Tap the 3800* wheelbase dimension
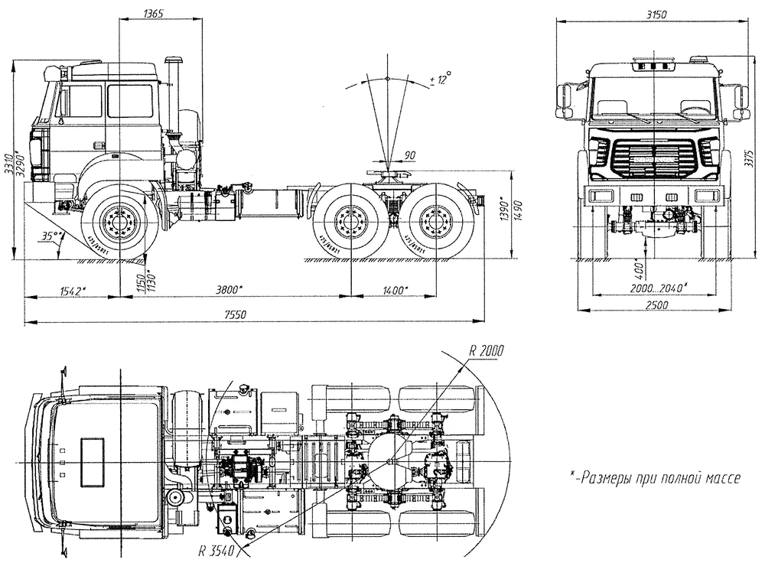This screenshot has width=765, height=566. (229, 289)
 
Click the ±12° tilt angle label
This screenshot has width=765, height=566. (441, 79)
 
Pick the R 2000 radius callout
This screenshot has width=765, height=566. (487, 352)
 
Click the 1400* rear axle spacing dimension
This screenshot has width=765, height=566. (393, 289)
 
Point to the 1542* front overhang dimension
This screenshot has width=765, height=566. (71, 289)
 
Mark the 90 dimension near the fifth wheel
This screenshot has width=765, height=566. (409, 156)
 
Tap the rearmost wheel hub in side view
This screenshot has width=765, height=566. (435, 223)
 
